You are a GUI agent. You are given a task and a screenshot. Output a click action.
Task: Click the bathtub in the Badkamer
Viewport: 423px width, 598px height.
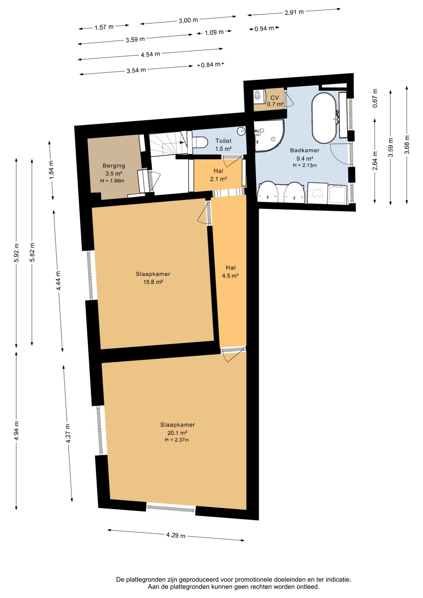click(324, 118)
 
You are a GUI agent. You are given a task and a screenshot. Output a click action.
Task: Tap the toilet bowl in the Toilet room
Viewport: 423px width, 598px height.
click(201, 142)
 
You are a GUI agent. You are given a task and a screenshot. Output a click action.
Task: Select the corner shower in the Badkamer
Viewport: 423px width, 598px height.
click(269, 136)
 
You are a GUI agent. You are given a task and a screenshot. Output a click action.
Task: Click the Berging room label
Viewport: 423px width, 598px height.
click(114, 166)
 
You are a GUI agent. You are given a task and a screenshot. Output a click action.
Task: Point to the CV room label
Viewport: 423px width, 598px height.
click(274, 98)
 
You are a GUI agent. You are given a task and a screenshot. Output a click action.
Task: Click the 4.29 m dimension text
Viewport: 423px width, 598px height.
click(176, 535)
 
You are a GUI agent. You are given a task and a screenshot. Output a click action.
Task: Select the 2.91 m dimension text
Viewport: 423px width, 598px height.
click(294, 12)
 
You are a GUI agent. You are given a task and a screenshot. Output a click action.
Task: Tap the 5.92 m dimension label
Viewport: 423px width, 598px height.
click(17, 253)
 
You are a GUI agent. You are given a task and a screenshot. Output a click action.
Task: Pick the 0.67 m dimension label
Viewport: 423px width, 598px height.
click(375, 98)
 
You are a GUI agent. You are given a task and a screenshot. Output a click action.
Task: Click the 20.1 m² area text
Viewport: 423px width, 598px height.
click(177, 433)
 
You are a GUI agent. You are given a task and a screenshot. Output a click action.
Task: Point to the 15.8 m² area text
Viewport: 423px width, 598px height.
click(153, 282)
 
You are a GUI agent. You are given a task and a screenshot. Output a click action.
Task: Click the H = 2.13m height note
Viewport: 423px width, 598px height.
click(305, 165)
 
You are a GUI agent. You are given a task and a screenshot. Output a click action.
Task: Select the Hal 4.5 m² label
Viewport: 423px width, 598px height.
click(230, 272)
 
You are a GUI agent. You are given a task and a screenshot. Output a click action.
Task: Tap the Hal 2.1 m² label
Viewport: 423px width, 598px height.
click(218, 175)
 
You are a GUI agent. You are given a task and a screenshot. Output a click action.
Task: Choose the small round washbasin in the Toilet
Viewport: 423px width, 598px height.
click(241, 131)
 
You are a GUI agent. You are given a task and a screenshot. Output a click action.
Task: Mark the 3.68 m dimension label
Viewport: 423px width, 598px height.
click(407, 145)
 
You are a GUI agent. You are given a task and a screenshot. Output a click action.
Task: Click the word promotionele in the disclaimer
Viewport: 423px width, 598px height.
click(254, 579)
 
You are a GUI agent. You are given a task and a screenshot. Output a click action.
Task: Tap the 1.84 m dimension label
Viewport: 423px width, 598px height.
click(51, 170)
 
